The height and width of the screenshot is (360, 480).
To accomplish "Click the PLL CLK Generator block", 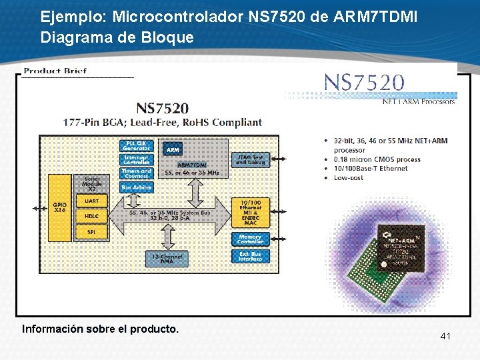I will point(137,146).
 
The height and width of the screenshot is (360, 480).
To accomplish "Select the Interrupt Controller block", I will point(137,160).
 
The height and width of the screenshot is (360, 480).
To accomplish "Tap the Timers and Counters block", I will point(137,173).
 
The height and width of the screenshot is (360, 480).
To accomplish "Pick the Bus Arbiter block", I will point(137,188).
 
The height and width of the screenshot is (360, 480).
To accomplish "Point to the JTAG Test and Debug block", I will point(250,160).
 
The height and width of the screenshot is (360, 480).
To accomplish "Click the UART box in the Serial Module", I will point(91,201).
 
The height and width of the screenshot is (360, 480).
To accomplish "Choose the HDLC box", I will point(91,216).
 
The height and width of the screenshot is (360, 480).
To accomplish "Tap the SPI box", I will point(91,231).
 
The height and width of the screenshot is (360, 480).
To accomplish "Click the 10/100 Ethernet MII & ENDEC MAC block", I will point(250,212).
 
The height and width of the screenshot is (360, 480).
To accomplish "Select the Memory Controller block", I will point(250,239).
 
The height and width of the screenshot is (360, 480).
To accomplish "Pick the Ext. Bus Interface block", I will point(250,255).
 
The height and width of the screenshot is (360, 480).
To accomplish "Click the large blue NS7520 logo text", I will point(363,83).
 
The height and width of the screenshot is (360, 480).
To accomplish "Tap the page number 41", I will point(445,336).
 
